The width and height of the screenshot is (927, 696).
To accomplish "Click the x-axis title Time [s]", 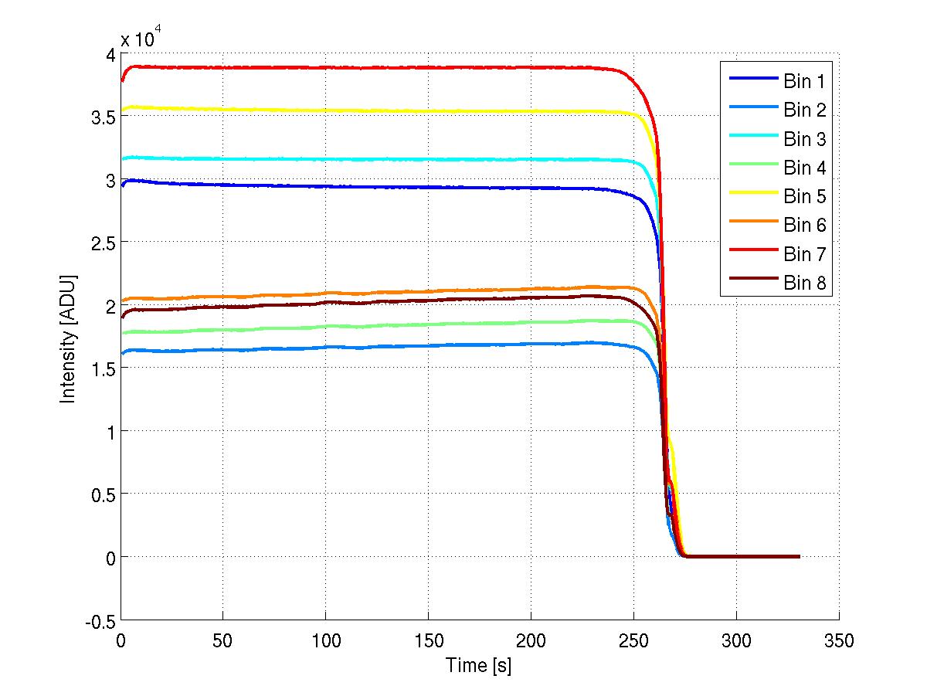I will pyautogui.click(x=478, y=666).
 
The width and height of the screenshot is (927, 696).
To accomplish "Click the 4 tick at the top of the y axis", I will pyautogui.click(x=111, y=54).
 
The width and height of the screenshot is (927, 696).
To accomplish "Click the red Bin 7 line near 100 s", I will pyautogui.click(x=326, y=68).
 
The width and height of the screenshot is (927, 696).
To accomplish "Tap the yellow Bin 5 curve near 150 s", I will pyautogui.click(x=428, y=111).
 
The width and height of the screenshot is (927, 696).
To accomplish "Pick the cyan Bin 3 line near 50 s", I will pyautogui.click(x=223, y=159).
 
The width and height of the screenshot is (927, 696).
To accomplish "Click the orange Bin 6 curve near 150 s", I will pyautogui.click(x=428, y=292).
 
